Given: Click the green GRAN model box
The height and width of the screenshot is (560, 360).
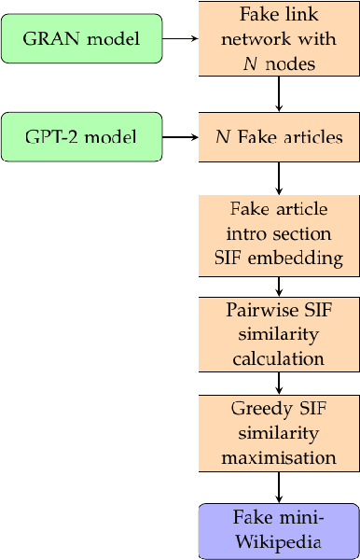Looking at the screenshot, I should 82,38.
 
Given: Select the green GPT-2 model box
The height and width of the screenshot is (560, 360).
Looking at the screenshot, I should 82,137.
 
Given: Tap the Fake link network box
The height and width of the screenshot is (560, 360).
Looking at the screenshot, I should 278,38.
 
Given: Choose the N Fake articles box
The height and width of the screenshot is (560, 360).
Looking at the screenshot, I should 278,137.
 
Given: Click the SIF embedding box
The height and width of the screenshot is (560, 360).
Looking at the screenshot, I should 278,235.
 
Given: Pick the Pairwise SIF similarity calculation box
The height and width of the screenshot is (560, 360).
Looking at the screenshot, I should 278,333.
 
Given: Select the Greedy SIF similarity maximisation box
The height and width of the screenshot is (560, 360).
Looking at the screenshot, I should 278,432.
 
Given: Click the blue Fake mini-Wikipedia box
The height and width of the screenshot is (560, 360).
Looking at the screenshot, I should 278,530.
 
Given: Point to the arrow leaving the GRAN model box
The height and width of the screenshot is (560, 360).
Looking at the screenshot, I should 180,38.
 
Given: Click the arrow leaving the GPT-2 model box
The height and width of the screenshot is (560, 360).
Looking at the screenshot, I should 180,137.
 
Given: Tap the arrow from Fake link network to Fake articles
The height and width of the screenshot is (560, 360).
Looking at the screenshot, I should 278,93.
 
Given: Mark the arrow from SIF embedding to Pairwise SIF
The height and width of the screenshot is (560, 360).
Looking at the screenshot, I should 278,287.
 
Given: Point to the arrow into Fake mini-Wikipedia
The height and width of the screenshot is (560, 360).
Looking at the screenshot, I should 278,486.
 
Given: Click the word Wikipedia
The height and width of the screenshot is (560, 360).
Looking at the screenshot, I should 278,541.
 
